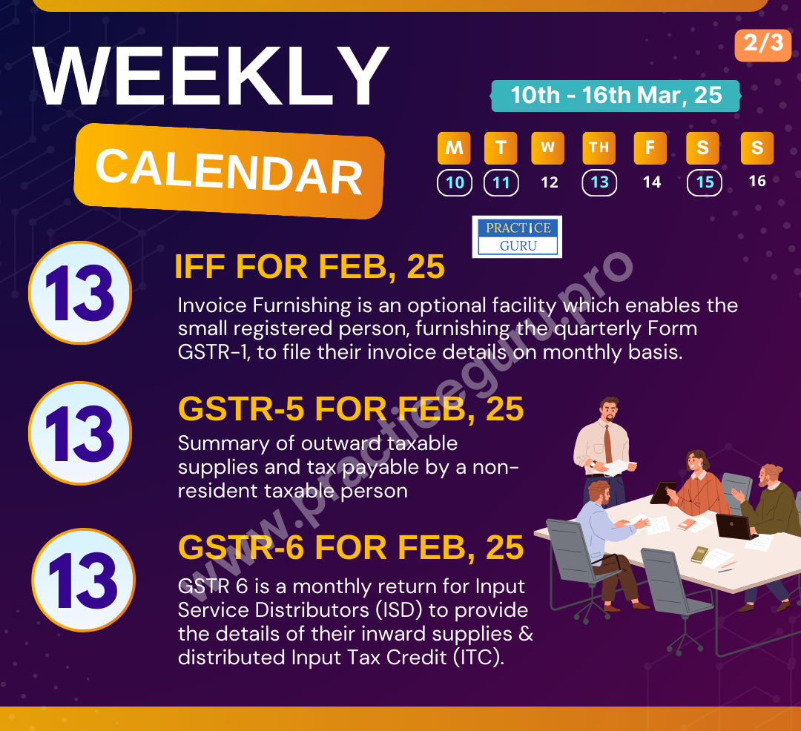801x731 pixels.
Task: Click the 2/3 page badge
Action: (x=763, y=44)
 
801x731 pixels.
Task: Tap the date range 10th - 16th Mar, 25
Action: (x=616, y=96)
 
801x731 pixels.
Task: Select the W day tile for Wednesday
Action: (x=547, y=148)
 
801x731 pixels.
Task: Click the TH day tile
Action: (x=599, y=148)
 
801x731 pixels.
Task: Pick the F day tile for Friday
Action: (x=650, y=148)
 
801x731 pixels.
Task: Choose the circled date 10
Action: (x=455, y=182)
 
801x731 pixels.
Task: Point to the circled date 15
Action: (x=705, y=182)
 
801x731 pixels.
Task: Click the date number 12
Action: (x=549, y=182)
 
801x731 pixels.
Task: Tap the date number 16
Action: (x=757, y=182)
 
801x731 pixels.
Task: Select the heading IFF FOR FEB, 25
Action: (x=309, y=268)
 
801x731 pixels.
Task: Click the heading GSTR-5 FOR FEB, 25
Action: (x=351, y=409)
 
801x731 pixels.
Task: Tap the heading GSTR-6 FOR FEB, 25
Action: (x=351, y=549)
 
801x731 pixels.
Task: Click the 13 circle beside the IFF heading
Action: (x=80, y=294)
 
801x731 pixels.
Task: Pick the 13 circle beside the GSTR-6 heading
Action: (x=83, y=580)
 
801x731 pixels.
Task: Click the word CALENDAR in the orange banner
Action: (x=228, y=171)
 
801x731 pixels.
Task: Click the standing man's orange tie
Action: (x=607, y=443)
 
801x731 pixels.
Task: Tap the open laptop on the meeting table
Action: (x=731, y=526)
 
